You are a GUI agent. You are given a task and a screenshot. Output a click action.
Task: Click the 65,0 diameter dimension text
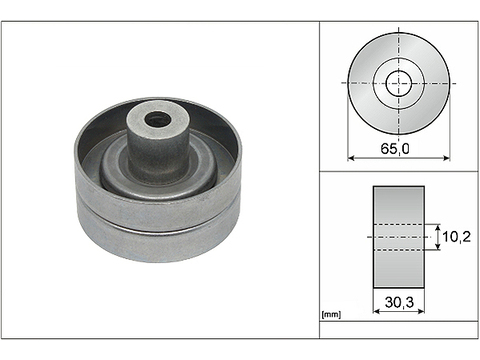(395, 148)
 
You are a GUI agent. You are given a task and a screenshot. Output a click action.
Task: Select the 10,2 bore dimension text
(456, 237)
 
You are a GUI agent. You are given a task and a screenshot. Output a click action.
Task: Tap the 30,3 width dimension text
(399, 302)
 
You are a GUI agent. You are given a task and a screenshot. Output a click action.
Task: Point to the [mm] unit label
(331, 314)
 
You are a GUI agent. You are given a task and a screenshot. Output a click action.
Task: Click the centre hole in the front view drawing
(399, 83)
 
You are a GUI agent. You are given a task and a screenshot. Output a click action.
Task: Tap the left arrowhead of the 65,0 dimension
(351, 158)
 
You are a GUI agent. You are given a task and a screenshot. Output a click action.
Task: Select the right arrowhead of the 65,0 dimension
(447, 158)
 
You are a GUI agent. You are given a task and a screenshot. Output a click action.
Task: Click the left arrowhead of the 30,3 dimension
(376, 311)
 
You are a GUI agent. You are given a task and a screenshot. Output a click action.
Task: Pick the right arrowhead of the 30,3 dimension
(421, 311)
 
